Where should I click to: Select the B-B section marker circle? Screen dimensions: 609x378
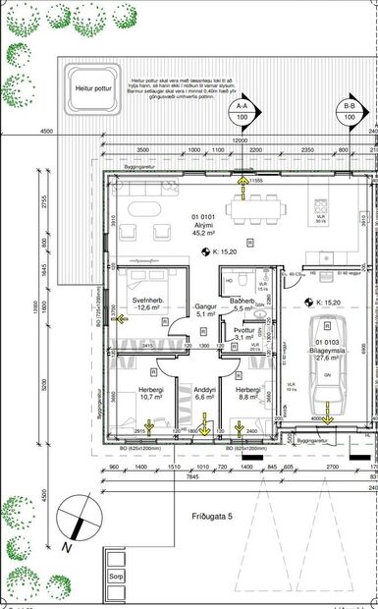350,110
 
